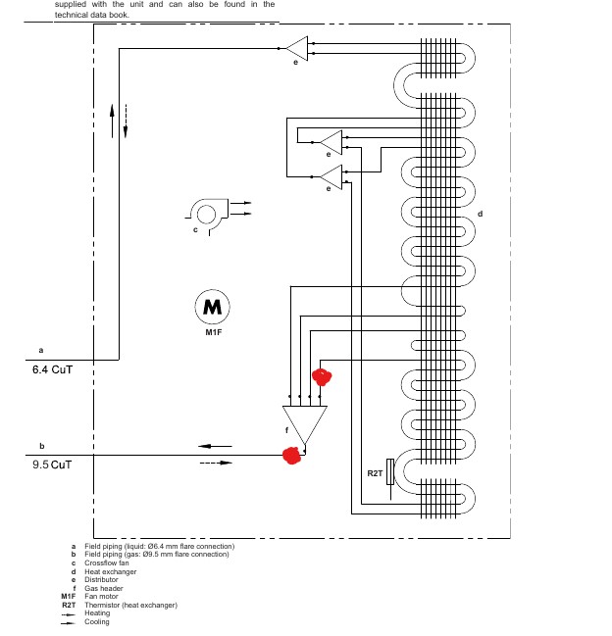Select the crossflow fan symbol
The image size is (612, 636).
pyautogui.click(x=207, y=212)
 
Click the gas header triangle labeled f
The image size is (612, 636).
pyautogui.click(x=303, y=422)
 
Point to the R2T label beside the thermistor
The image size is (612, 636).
pyautogui.click(x=374, y=473)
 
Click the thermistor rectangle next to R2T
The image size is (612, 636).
pyautogui.click(x=391, y=472)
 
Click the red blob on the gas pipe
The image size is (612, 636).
pyautogui.click(x=290, y=455)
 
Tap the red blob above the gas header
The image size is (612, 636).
pyautogui.click(x=321, y=376)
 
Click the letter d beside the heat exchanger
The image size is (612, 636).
pyautogui.click(x=480, y=214)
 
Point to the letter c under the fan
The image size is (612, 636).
pyautogui.click(x=195, y=230)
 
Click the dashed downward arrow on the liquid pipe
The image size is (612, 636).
pyautogui.click(x=126, y=122)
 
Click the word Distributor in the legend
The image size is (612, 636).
pyautogui.click(x=102, y=579)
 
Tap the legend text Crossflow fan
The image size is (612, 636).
pyautogui.click(x=107, y=563)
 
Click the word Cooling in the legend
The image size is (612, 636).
pyautogui.click(x=97, y=621)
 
